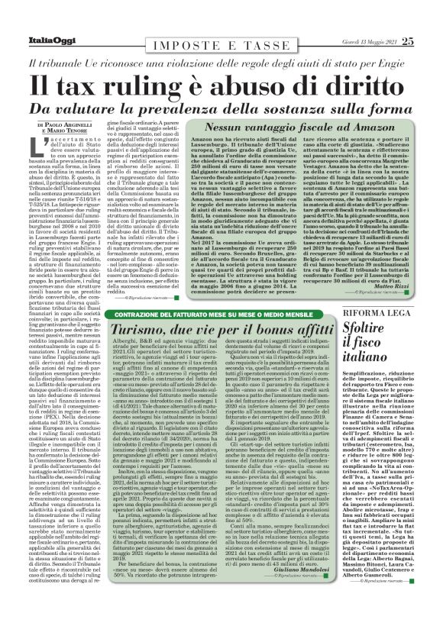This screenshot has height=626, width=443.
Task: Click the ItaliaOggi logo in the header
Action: (47, 40)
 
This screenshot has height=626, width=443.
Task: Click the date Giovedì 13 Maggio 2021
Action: (369, 41)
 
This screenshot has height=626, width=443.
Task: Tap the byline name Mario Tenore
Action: (70, 131)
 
